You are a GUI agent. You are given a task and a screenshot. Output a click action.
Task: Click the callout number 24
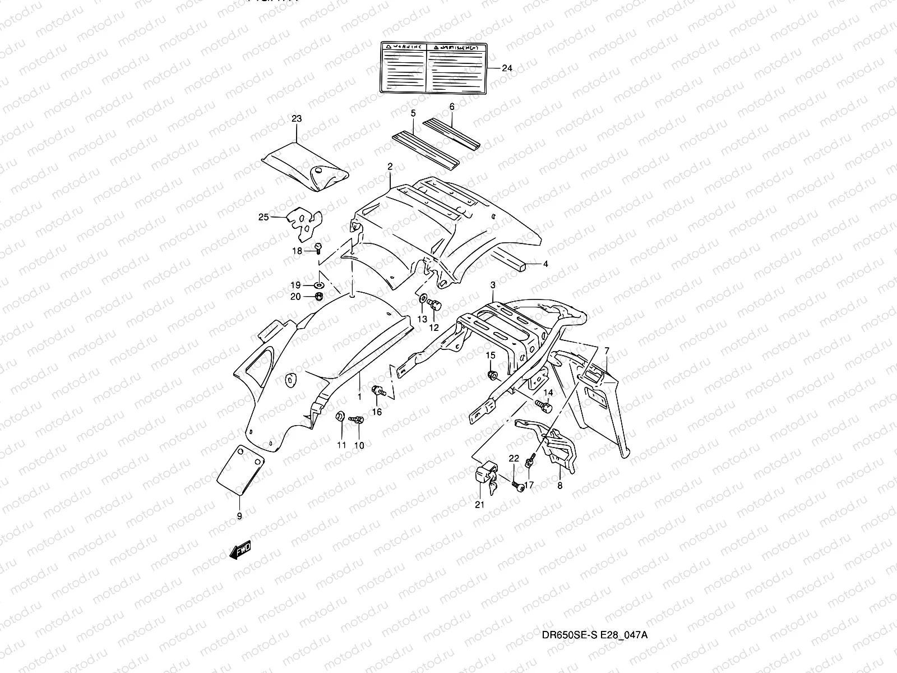506,68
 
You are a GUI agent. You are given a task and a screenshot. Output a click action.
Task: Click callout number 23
297,118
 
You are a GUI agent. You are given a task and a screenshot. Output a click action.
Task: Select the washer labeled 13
423,298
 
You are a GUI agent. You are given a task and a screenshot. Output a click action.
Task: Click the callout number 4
546,263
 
